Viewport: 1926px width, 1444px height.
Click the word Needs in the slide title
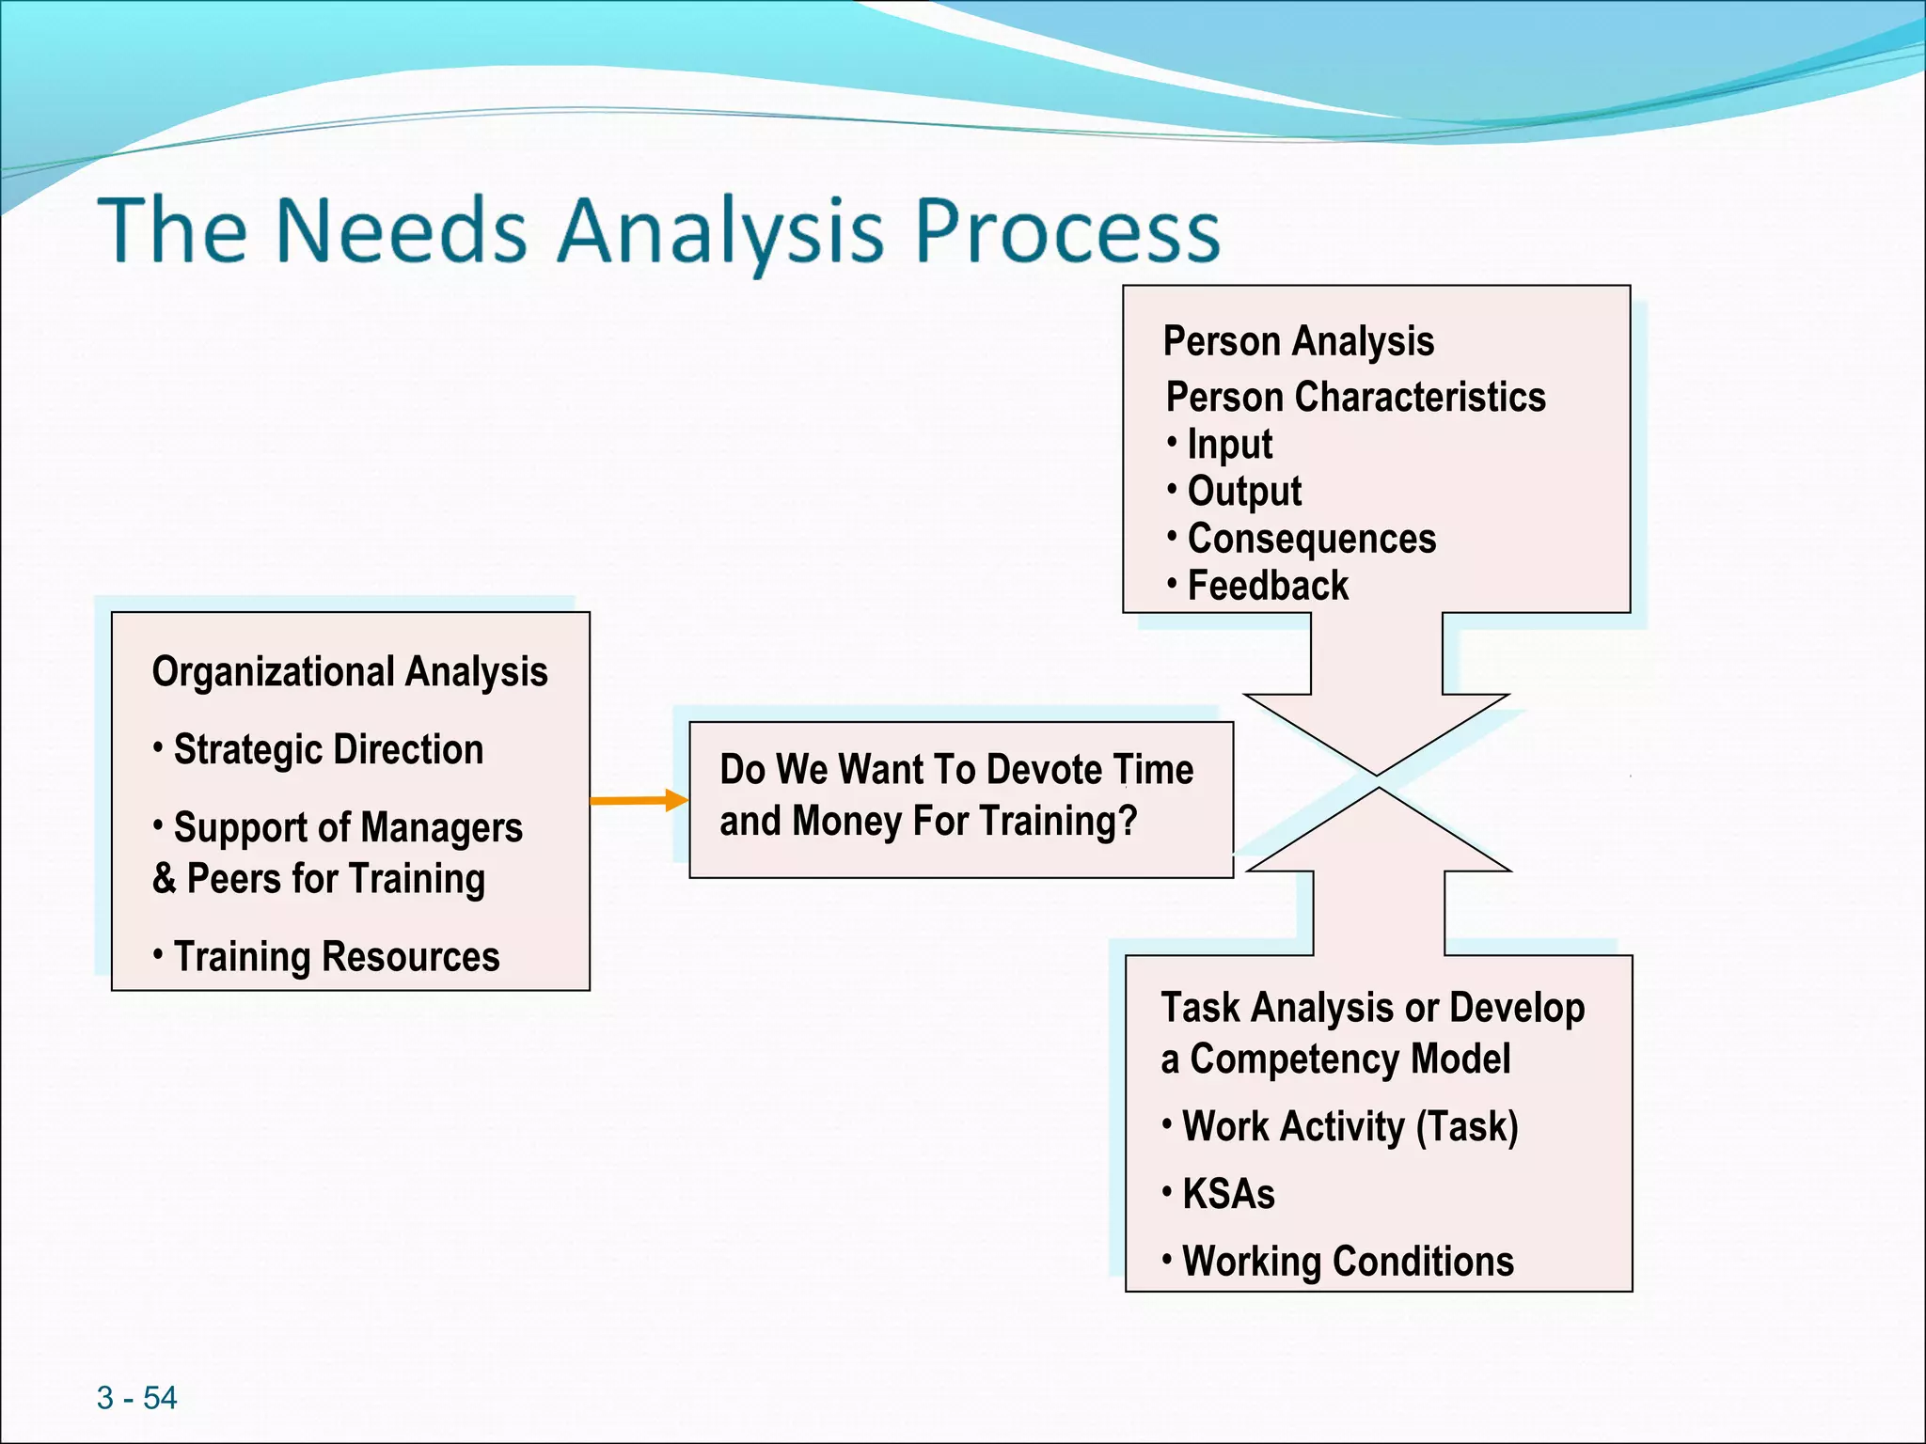[x=401, y=230]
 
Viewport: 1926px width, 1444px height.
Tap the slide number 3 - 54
[x=136, y=1398]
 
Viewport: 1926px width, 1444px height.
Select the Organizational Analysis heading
[x=350, y=672]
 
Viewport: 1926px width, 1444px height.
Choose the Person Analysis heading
[x=1298, y=341]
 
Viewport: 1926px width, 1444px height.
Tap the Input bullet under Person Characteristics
[x=1229, y=445]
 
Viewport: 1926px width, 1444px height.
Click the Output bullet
[x=1243, y=492]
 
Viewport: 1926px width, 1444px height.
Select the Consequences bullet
[x=1311, y=539]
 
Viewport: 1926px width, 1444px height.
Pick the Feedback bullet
[x=1267, y=586]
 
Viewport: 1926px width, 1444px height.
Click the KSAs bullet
[x=1227, y=1194]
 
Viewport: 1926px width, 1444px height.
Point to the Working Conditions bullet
[x=1347, y=1262]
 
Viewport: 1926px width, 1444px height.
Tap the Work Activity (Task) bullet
[x=1350, y=1126]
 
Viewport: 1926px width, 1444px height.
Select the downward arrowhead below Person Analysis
[x=1377, y=733]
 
